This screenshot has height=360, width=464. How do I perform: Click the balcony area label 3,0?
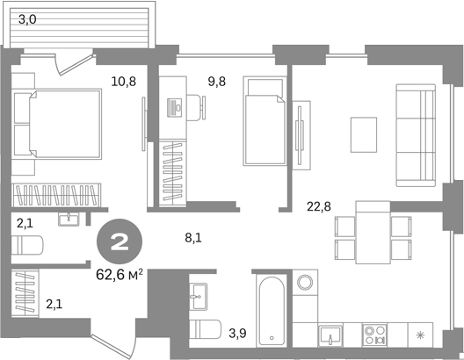27,20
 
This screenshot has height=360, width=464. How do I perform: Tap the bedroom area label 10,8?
124,82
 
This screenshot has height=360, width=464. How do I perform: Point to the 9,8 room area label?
217,82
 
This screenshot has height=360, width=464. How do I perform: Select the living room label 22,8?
319,206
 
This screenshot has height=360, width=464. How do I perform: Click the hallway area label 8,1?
193,238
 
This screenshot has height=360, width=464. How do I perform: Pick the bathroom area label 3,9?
237,334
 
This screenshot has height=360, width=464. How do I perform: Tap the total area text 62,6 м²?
120,275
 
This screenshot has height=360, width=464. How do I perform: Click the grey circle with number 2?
120,241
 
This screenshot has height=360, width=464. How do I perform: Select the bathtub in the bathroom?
272,311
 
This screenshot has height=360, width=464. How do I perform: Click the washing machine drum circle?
305,282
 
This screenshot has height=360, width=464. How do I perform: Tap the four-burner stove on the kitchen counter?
375,335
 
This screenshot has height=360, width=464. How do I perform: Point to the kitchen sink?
330,335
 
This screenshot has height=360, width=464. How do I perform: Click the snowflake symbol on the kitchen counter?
420,335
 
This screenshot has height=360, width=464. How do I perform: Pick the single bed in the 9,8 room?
265,121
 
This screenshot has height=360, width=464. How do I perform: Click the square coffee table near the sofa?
364,134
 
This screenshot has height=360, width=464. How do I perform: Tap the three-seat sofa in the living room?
416,135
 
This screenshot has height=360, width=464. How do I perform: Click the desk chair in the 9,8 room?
196,108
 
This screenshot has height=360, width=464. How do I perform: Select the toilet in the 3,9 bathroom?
205,329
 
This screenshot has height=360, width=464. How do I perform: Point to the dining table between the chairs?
373,233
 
